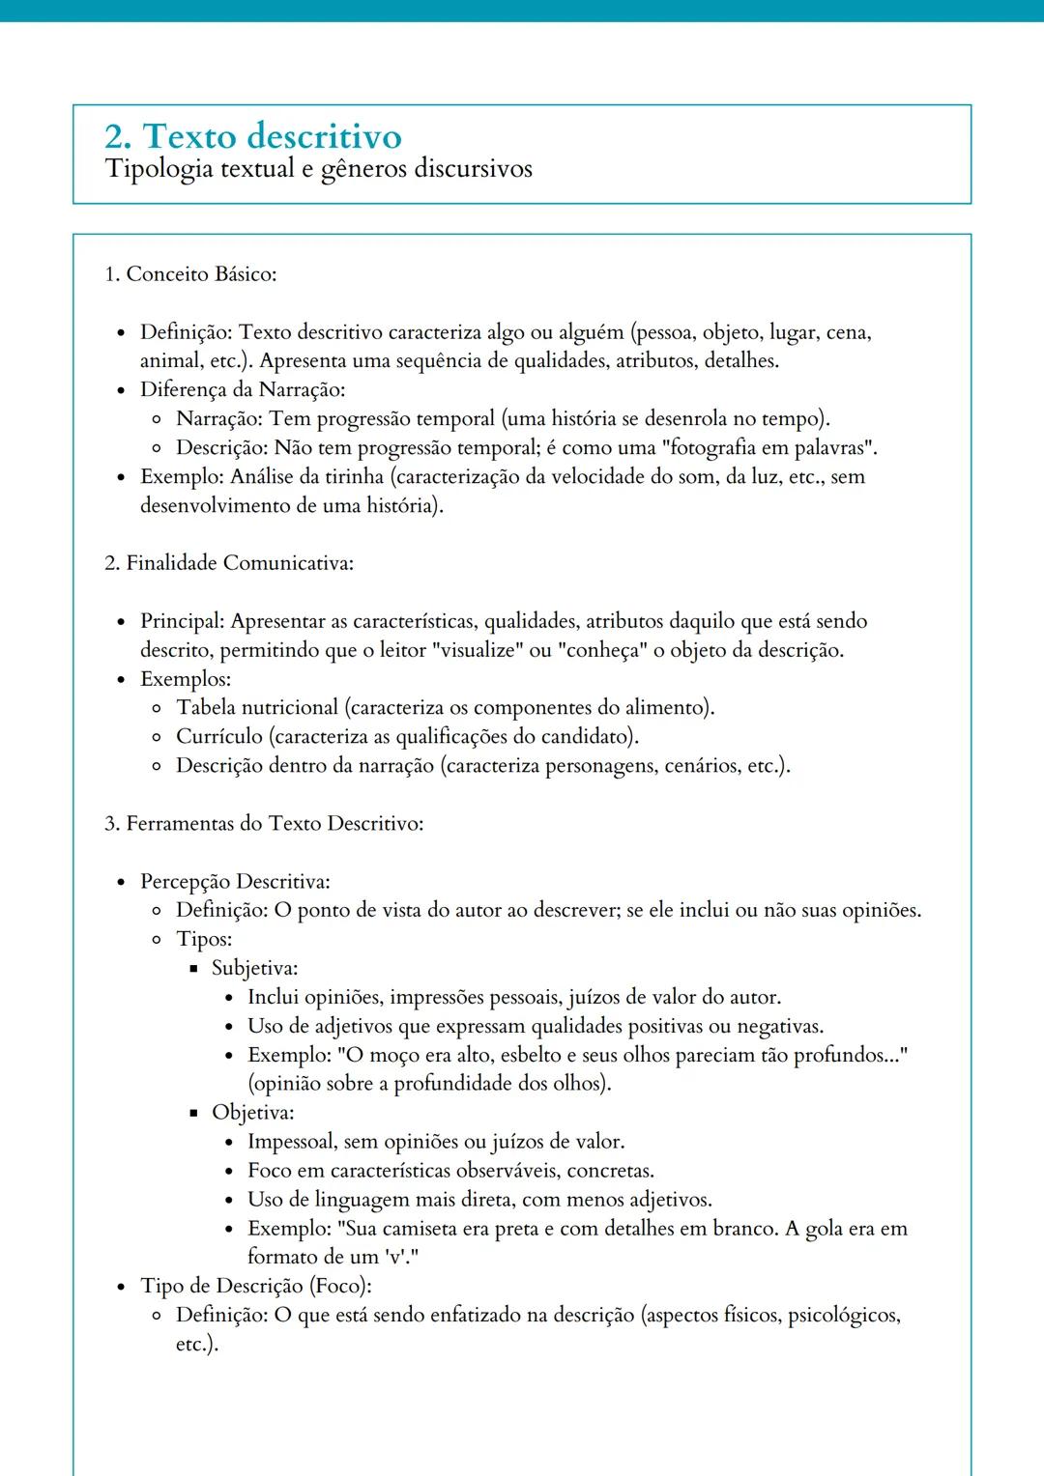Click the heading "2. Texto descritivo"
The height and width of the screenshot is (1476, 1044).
coord(253,136)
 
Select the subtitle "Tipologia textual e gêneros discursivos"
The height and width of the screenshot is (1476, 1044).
coord(318,169)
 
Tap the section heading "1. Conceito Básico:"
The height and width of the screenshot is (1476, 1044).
coord(190,274)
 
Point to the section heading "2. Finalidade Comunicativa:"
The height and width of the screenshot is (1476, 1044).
coord(229,563)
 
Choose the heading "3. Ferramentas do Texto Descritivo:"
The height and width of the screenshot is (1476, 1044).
coord(264,824)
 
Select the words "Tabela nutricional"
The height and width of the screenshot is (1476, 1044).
coord(257,708)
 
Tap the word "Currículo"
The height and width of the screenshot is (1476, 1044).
coord(219,737)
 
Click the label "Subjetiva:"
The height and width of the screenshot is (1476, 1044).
coord(255,968)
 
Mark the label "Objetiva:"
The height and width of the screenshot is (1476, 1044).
coord(253,1113)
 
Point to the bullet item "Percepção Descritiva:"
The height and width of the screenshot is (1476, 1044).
coord(235,882)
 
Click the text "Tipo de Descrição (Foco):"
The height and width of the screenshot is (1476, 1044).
coord(256,1286)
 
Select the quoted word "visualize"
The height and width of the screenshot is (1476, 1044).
coord(478,650)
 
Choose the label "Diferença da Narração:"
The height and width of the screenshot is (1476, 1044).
coord(243,390)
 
